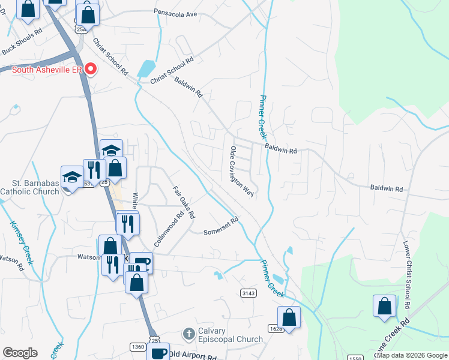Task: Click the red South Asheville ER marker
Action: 91,69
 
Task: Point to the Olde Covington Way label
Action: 242,171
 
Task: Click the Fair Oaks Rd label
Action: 184,202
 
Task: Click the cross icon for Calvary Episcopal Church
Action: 188,332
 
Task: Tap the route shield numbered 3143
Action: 248,293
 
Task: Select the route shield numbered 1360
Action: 137,346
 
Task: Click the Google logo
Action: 20,353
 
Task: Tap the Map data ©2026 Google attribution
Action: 412,356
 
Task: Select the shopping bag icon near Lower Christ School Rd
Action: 384,305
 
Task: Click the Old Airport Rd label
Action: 192,356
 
